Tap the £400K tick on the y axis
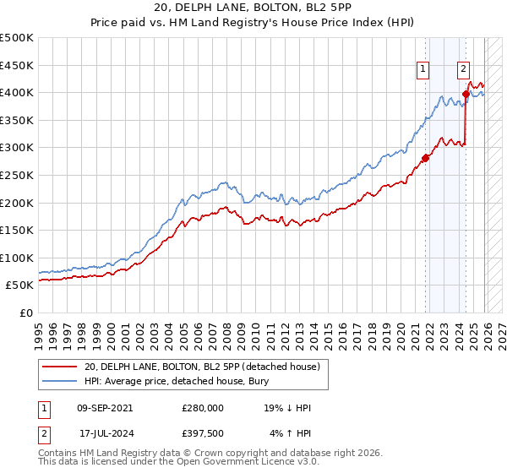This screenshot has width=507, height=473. tap(17, 93)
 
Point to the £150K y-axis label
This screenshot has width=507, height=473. tap(17, 230)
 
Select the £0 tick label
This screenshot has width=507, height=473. tap(27, 313)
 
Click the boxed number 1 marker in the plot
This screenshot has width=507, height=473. tap(422, 70)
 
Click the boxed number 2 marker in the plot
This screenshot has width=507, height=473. tap(464, 70)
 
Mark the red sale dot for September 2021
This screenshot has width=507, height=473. tap(426, 156)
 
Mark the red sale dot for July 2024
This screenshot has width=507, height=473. tap(466, 94)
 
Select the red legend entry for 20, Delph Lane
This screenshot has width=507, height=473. tap(201, 367)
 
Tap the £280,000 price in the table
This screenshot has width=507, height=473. tap(202, 408)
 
